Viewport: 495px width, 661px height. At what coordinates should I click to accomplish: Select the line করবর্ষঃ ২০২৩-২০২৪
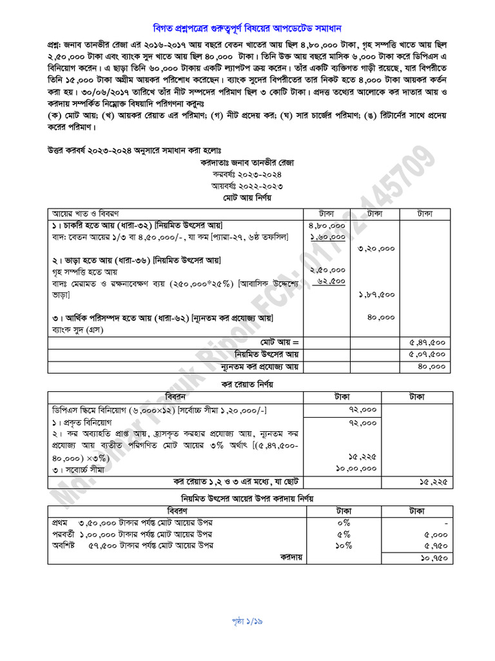pyautogui.click(x=247, y=174)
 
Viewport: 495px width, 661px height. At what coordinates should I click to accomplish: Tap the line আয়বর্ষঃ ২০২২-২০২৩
pyautogui.click(x=247, y=186)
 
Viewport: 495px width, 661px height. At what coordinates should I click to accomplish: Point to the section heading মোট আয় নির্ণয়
pyautogui.click(x=247, y=198)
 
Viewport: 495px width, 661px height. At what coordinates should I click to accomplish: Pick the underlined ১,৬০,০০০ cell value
pyautogui.click(x=328, y=237)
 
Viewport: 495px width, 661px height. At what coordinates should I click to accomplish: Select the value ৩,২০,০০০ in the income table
pyautogui.click(x=377, y=249)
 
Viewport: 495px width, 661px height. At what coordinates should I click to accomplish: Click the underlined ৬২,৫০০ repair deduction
pyautogui.click(x=331, y=281)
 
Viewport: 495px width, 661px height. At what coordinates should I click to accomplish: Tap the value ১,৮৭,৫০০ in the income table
pyautogui.click(x=377, y=294)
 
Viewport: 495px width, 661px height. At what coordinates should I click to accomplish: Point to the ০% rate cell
pyautogui.click(x=343, y=522)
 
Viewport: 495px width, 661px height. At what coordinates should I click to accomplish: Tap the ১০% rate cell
pyautogui.click(x=343, y=545)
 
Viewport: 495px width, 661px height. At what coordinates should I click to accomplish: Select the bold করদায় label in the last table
pyautogui.click(x=291, y=556)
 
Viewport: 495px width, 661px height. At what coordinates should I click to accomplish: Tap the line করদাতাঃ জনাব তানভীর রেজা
pyautogui.click(x=247, y=163)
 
